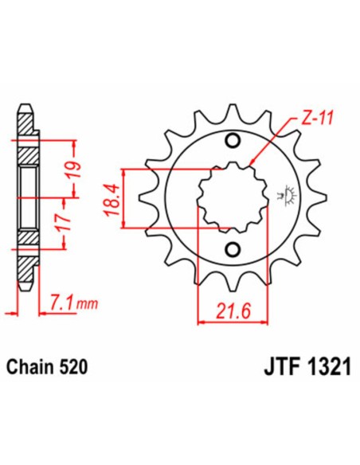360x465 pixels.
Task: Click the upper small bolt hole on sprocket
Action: coord(233,143)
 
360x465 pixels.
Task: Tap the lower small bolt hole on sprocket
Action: coord(233,251)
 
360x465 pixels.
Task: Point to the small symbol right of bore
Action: coord(280,193)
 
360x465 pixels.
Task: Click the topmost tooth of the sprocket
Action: coord(233,111)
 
